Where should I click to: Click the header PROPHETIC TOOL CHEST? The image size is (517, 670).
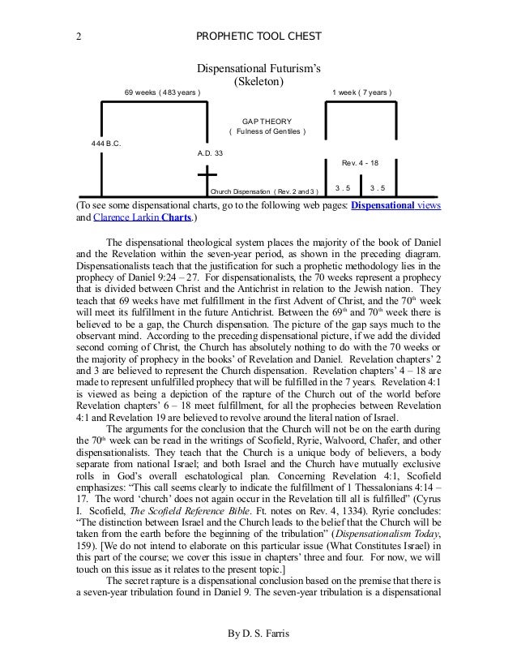click(x=258, y=37)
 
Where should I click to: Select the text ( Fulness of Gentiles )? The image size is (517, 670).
click(x=267, y=132)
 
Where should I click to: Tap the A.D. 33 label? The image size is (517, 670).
click(x=210, y=152)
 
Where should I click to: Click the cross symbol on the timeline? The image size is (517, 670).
click(x=207, y=181)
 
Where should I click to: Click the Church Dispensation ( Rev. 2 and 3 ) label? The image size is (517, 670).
click(x=264, y=192)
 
